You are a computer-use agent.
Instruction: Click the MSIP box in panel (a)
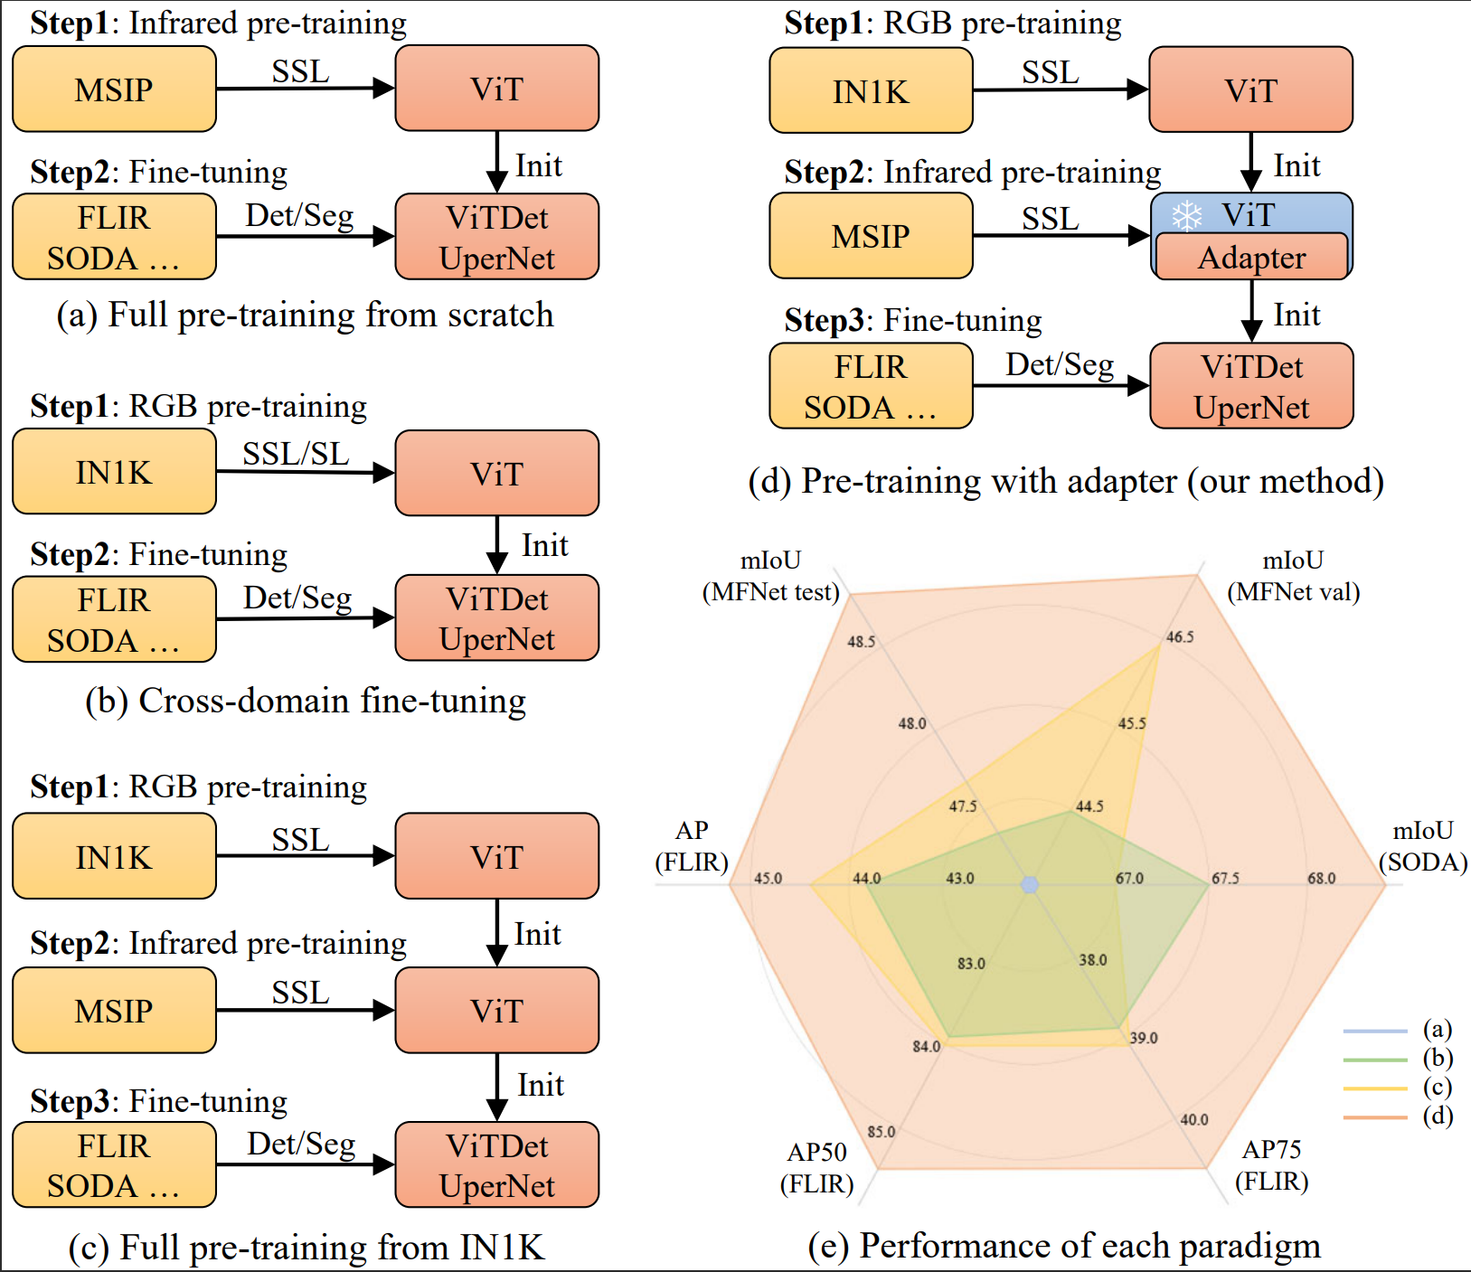point(114,90)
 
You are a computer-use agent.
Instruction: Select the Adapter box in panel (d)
point(1251,258)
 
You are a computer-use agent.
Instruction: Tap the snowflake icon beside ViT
point(1186,216)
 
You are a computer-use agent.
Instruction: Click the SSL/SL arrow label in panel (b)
point(296,454)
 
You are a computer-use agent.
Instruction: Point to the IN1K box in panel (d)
point(871,91)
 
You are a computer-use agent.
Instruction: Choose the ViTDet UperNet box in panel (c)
point(497,1165)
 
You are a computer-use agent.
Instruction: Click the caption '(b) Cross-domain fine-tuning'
point(306,702)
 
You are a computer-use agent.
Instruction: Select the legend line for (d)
point(1375,1117)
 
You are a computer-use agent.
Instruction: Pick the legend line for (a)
point(1375,1031)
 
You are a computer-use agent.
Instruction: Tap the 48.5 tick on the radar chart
point(861,642)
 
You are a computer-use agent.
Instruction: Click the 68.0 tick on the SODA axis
point(1321,878)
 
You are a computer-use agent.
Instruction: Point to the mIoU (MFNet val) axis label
point(1293,576)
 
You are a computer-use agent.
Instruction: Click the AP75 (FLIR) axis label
point(1271,1165)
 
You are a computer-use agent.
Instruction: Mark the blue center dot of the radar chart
point(1029,884)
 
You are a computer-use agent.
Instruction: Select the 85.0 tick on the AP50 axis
point(881,1132)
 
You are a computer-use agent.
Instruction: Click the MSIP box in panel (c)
point(114,1011)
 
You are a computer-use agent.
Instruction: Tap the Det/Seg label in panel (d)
point(1060,364)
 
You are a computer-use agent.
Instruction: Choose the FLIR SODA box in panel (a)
point(114,238)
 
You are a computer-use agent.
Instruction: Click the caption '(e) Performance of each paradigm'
point(1064,1246)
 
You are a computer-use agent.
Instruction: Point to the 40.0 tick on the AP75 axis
point(1193,1119)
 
